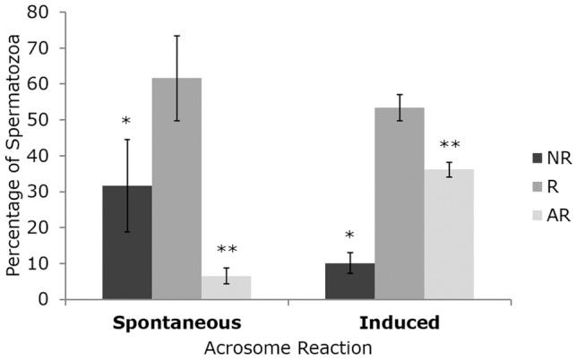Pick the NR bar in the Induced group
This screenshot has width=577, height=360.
click(349, 281)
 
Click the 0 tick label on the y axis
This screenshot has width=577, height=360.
click(40, 299)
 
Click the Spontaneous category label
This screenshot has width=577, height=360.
click(177, 320)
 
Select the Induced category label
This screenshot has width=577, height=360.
click(399, 320)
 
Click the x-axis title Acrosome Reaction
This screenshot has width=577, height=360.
click(288, 346)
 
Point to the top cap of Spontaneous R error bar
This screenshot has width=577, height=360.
click(177, 36)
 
